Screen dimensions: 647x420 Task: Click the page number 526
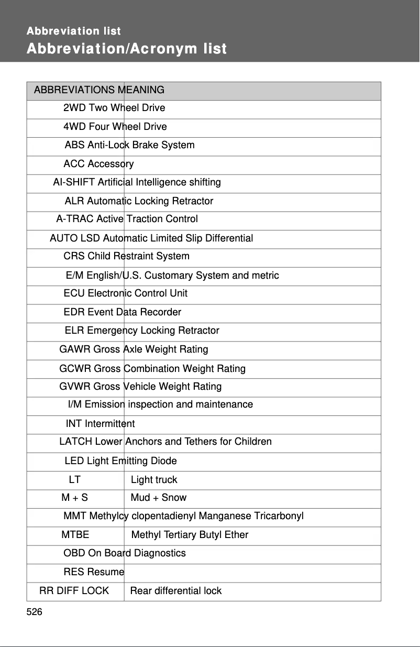point(35,612)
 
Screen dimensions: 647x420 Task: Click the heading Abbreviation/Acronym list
point(127,49)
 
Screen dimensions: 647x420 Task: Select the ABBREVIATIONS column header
point(74,90)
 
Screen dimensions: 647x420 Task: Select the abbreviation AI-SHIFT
point(74,182)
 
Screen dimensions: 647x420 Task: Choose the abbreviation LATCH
point(75,442)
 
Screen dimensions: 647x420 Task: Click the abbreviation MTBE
point(75,535)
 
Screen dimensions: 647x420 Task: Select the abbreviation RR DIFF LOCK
point(74,591)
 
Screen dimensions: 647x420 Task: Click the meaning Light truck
point(154,480)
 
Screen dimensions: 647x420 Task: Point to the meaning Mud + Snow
point(159,498)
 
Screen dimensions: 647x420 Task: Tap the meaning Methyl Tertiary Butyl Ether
point(190,535)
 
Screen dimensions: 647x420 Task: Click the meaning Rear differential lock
point(176,591)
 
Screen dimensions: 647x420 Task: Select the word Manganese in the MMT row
point(225,517)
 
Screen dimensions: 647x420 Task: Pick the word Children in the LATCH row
point(253,442)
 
